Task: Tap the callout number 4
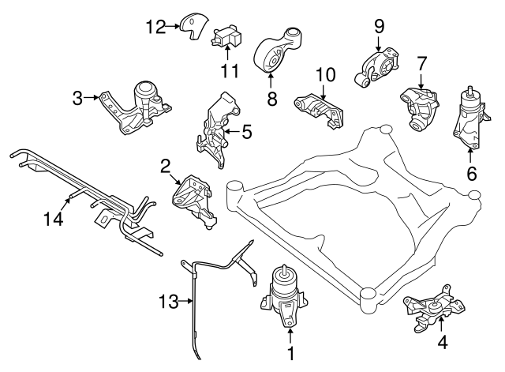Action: coord(442,343)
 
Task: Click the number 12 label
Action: coord(155,27)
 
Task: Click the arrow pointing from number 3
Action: coord(92,98)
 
